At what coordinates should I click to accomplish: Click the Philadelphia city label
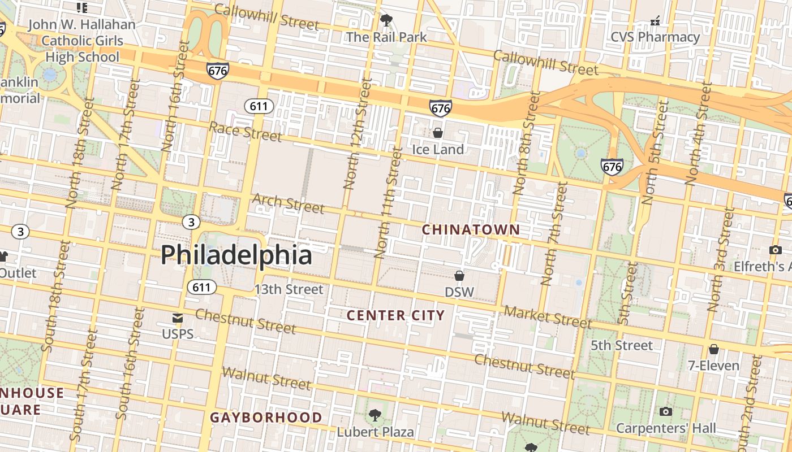(x=236, y=255)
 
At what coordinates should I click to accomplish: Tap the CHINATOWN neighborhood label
(x=471, y=229)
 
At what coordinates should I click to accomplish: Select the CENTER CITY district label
(x=395, y=315)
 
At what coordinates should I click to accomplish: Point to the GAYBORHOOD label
(x=266, y=418)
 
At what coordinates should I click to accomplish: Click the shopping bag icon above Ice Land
(x=437, y=133)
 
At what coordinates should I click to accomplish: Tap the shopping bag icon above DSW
(x=459, y=276)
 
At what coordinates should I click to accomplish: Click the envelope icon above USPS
(x=178, y=318)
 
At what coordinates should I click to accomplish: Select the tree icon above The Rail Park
(x=386, y=21)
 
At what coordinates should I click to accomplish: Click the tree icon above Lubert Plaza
(x=375, y=416)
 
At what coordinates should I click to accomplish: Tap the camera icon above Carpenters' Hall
(x=666, y=411)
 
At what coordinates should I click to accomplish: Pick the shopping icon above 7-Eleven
(x=714, y=349)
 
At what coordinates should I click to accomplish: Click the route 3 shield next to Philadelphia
(x=191, y=222)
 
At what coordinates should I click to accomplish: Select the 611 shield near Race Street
(x=259, y=106)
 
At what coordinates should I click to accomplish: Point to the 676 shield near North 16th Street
(x=218, y=71)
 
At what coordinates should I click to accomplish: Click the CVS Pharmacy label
(x=655, y=37)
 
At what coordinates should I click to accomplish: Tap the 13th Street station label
(x=289, y=289)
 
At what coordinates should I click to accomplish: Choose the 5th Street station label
(x=621, y=345)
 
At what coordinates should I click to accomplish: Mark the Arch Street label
(x=289, y=203)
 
